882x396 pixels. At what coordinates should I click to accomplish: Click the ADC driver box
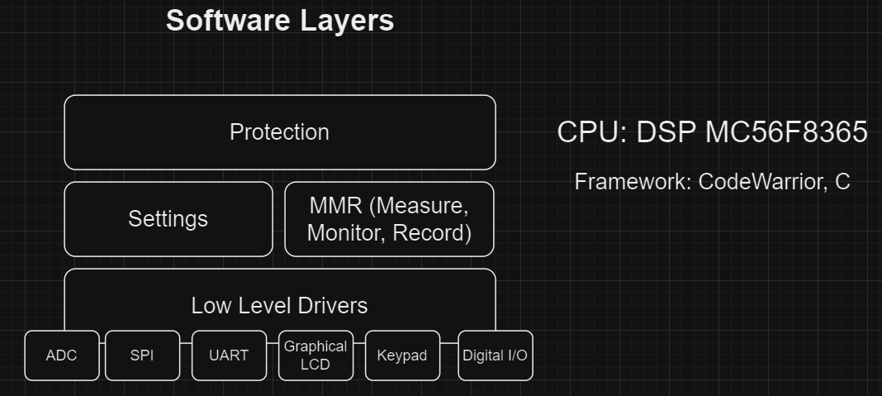[x=62, y=355]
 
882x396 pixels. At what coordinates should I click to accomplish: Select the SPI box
[x=142, y=355]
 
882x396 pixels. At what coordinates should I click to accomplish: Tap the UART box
[x=229, y=355]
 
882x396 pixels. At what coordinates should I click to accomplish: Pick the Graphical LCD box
[x=315, y=355]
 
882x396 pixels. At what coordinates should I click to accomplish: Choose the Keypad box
[x=402, y=355]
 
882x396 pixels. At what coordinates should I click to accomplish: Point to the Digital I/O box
[x=495, y=355]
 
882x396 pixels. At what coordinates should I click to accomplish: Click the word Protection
[x=279, y=132]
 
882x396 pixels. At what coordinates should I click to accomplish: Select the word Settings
[x=168, y=219]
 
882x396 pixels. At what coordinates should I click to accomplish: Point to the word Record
[x=431, y=233]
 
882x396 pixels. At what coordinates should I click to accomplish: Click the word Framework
[x=632, y=182]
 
